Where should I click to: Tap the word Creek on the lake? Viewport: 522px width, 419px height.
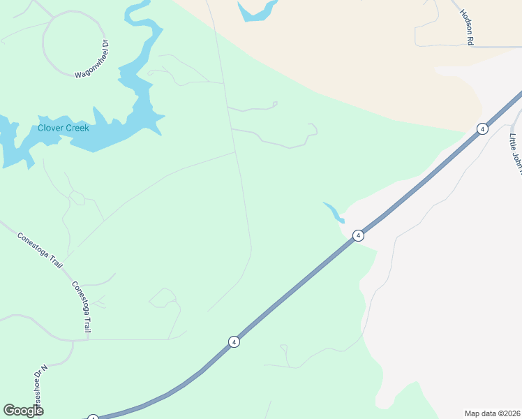point(77,128)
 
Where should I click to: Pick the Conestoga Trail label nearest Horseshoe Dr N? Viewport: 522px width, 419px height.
point(82,307)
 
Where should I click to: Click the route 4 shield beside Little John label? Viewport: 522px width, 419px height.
point(482,128)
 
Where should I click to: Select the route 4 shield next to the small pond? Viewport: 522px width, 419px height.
point(358,235)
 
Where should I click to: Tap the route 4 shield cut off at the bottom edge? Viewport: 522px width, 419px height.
point(93,417)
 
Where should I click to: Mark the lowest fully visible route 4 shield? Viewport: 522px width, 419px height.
point(234,341)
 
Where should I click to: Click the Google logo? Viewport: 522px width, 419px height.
point(23,411)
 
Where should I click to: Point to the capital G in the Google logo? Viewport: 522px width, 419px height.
point(9,411)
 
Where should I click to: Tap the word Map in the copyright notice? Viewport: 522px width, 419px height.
point(472,413)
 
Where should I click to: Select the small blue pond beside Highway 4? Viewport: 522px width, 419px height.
point(334,212)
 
